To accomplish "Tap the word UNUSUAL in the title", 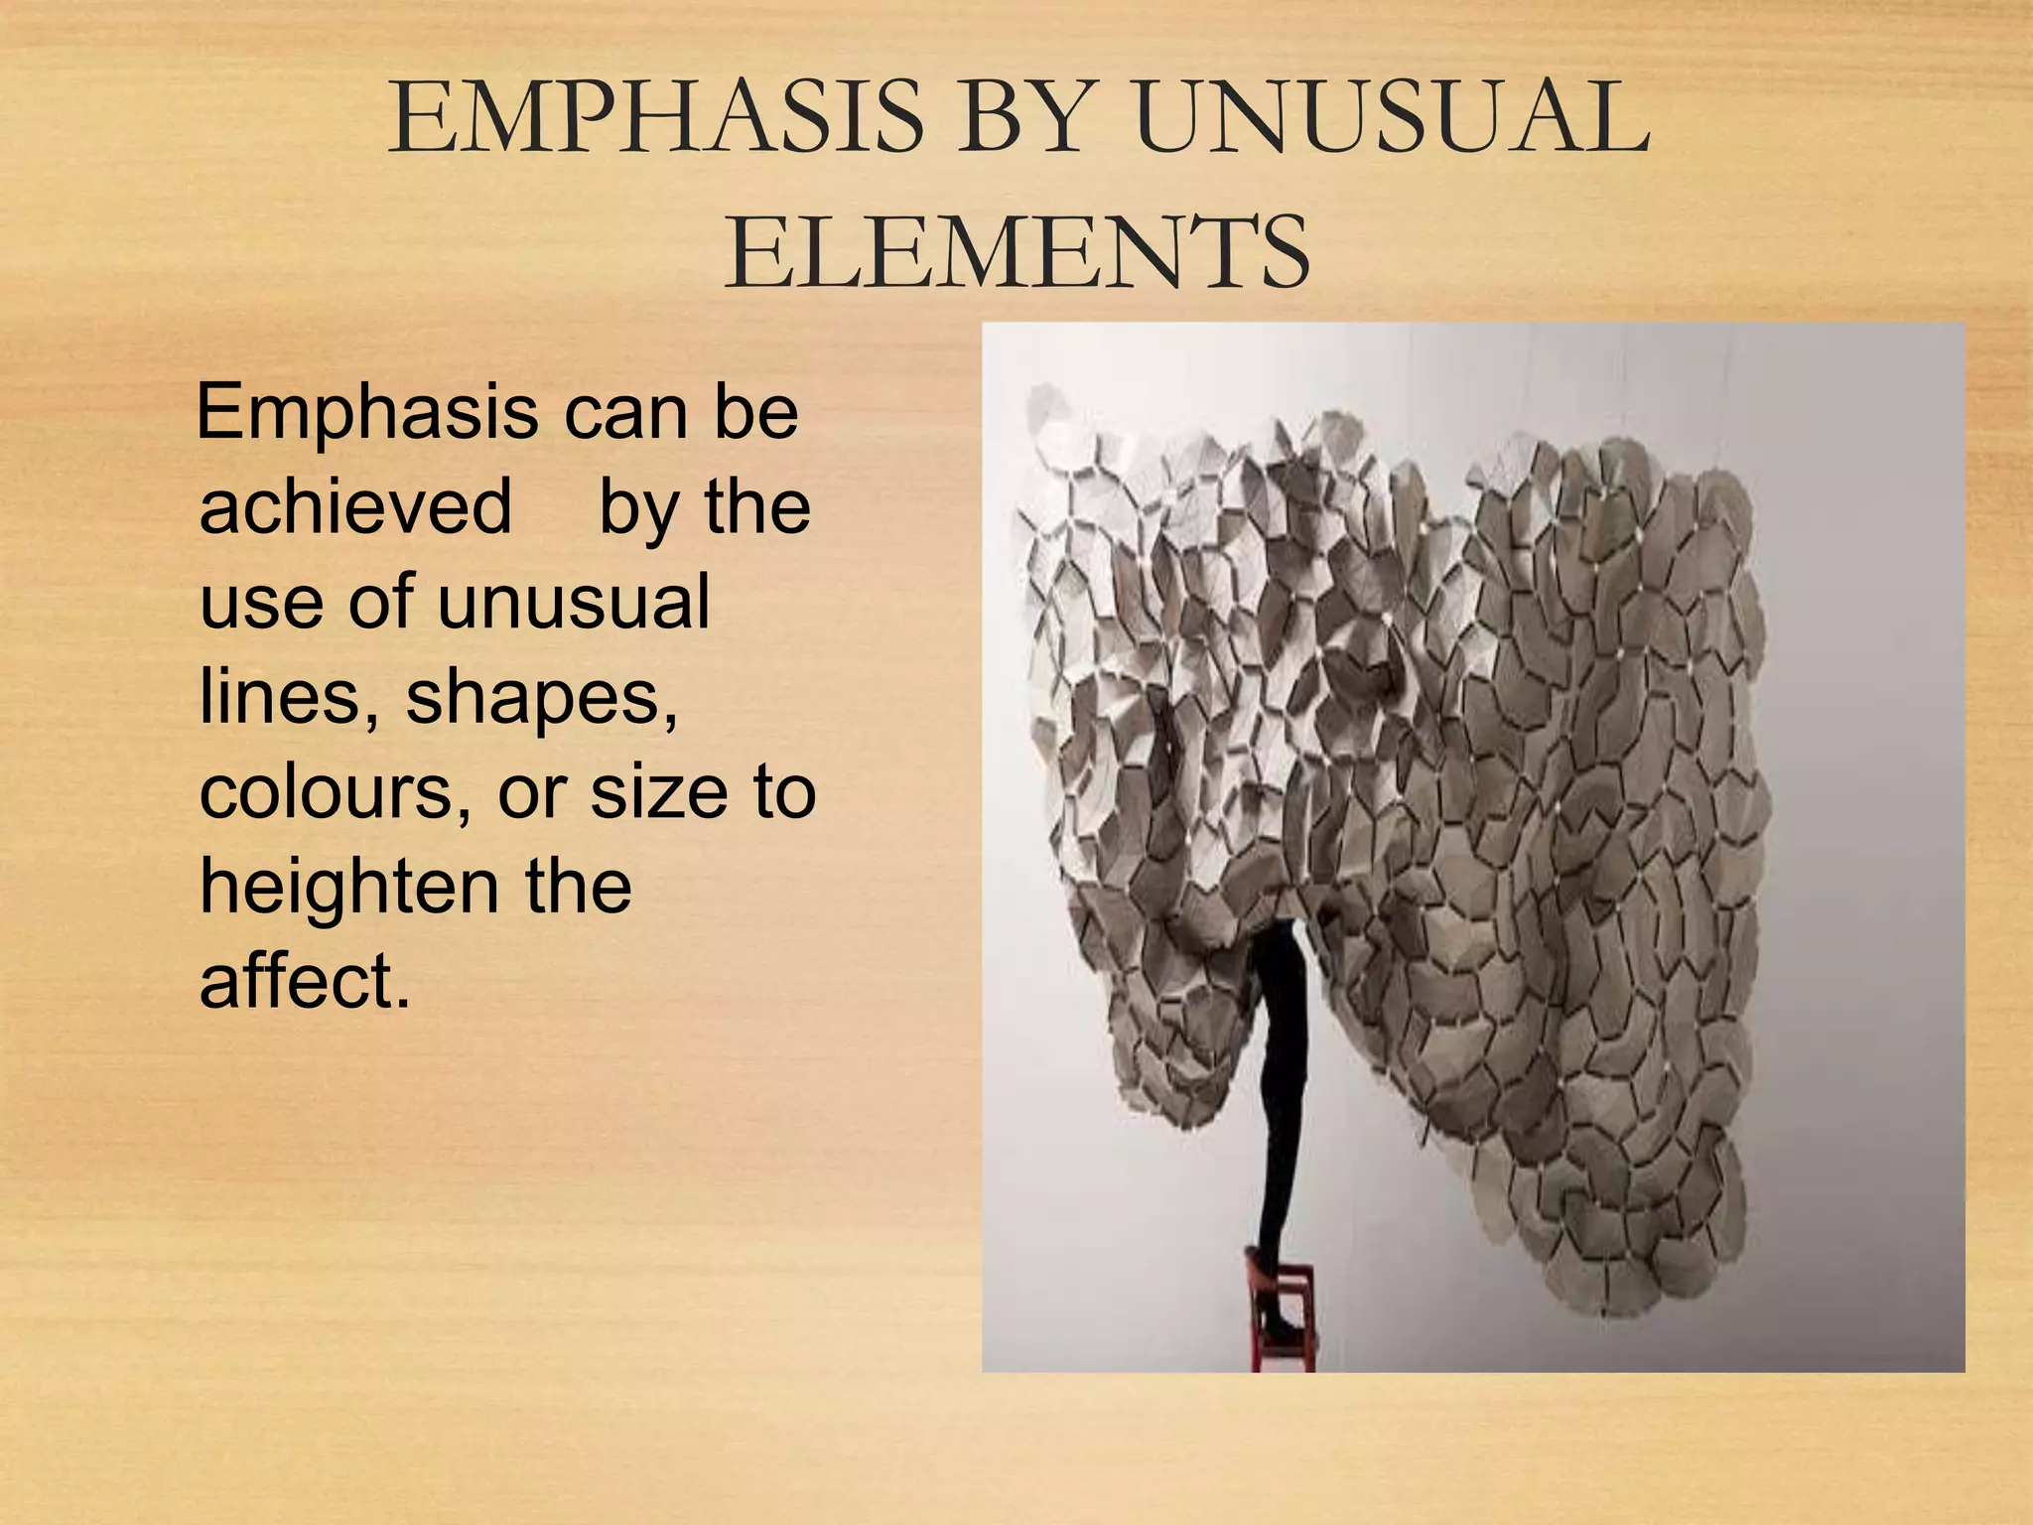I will pyautogui.click(x=1390, y=119).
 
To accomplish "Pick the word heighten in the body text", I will pyautogui.click(x=347, y=887).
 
